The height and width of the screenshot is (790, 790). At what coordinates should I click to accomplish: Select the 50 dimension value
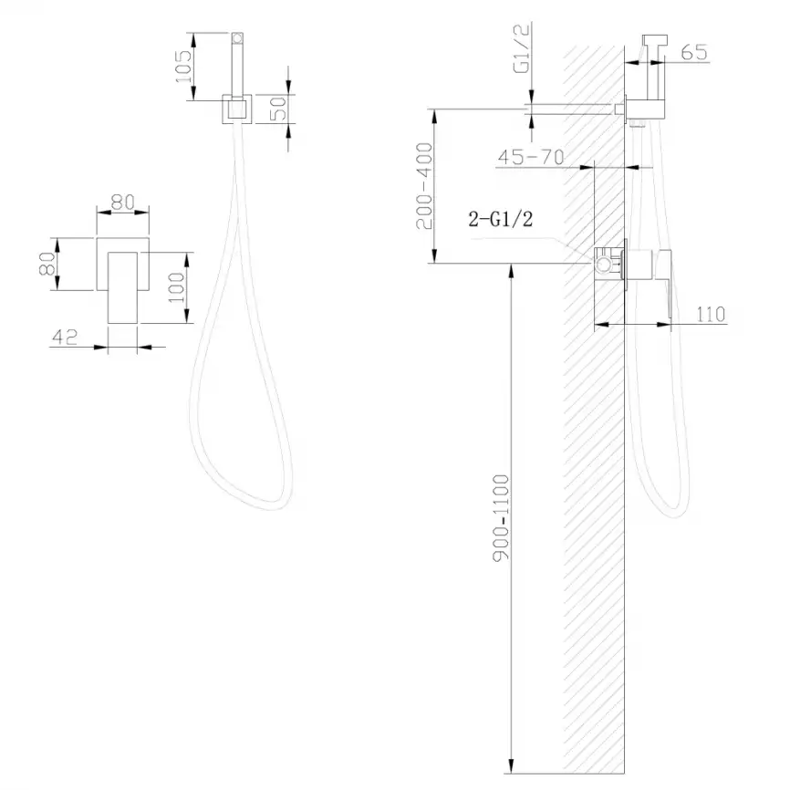pyautogui.click(x=280, y=109)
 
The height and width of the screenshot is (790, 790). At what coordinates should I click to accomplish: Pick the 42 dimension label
pyautogui.click(x=65, y=337)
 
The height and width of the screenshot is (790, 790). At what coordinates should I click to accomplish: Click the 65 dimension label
pyautogui.click(x=694, y=53)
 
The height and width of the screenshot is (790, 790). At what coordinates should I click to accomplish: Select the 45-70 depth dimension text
pyautogui.click(x=530, y=157)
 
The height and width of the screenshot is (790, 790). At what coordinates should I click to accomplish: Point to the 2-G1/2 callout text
pyautogui.click(x=499, y=220)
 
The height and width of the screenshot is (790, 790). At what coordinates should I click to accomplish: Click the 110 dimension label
pyautogui.click(x=711, y=315)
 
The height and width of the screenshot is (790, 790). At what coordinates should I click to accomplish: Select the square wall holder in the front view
pyautogui.click(x=237, y=109)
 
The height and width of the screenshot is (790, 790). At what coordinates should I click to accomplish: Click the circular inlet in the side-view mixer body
pyautogui.click(x=603, y=266)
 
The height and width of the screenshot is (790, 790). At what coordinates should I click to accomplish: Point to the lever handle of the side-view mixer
pyautogui.click(x=665, y=283)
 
